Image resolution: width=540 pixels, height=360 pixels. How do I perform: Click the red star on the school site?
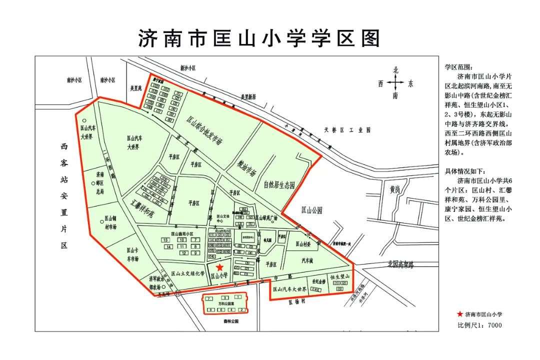tap(219, 268)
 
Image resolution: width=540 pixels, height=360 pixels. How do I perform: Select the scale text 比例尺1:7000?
tap(479, 325)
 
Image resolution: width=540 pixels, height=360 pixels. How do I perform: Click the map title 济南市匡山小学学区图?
tap(259, 38)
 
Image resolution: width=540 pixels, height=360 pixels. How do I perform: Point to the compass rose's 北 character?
tap(395, 70)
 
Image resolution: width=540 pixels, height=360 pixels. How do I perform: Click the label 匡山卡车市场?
tap(132, 254)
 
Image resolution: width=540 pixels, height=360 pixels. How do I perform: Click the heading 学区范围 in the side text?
tap(458, 66)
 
